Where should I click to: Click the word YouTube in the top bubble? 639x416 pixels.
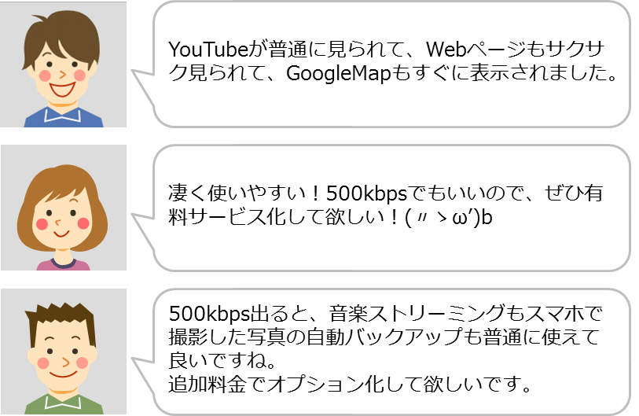pos(208,50)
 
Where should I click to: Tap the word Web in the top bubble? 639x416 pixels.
pos(446,50)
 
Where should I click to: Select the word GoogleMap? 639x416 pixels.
pos(338,74)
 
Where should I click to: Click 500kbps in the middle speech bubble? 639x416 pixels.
pos(366,194)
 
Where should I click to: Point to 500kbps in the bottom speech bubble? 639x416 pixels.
pos(208,314)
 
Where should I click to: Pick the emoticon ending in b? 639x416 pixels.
pos(449,217)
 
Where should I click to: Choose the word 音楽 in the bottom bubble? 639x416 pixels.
pos(348,314)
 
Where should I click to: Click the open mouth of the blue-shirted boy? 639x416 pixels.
pos(62,89)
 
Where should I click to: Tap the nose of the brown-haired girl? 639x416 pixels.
pos(58,223)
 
